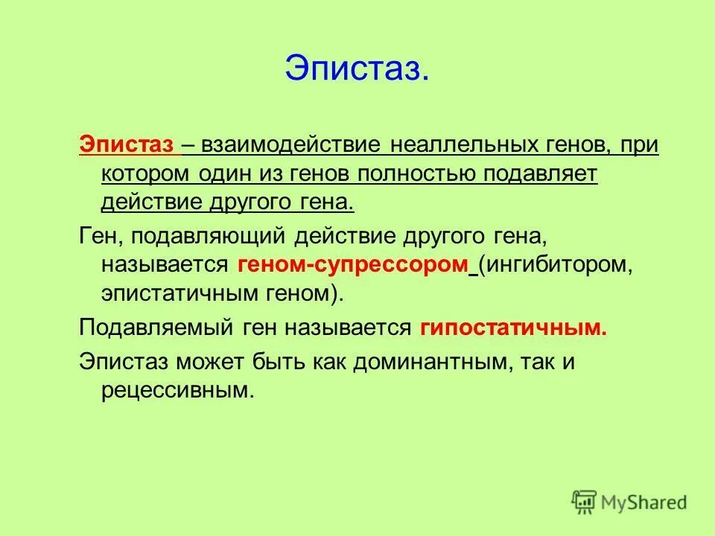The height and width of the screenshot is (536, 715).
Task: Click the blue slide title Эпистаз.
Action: pos(356,68)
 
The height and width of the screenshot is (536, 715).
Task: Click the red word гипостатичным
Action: pos(513,328)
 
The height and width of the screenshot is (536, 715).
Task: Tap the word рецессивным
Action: pos(177,389)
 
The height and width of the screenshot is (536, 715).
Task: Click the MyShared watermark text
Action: pos(644,502)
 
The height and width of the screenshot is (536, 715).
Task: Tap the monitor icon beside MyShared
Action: pos(585,502)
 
